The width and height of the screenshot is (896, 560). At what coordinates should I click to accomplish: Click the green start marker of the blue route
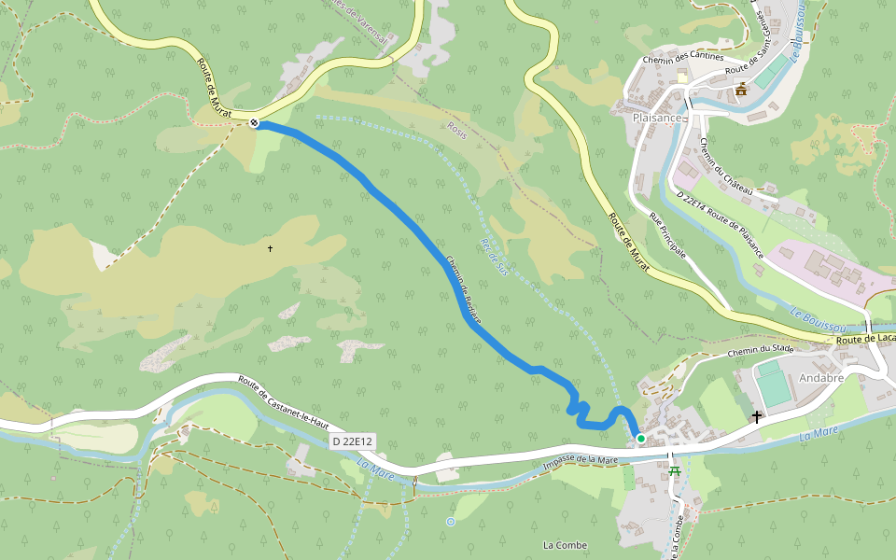click(x=640, y=438)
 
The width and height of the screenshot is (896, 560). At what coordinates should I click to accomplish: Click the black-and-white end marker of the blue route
click(x=254, y=122)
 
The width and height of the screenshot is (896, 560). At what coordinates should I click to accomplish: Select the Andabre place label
click(x=821, y=378)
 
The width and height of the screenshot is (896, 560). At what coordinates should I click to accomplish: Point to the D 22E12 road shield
click(x=352, y=441)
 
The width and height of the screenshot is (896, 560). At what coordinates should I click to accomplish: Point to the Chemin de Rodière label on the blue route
click(x=463, y=289)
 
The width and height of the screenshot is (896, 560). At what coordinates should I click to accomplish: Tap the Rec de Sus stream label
click(x=492, y=256)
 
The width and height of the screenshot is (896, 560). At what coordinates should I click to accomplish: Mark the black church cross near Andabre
click(x=756, y=417)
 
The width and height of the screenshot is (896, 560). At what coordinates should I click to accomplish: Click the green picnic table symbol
click(x=674, y=469)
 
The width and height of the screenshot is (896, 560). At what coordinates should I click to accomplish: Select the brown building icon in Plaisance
click(x=741, y=90)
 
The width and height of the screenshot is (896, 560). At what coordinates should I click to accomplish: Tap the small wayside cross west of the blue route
click(x=270, y=248)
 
